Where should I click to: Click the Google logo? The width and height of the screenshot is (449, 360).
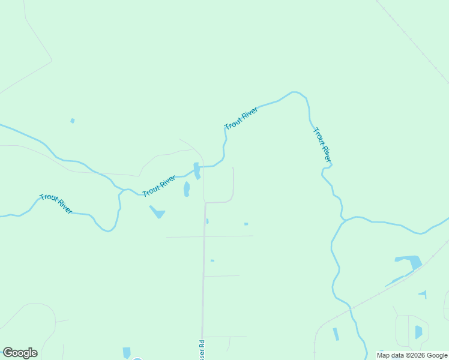20,353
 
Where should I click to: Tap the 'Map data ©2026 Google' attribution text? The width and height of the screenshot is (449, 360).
412,355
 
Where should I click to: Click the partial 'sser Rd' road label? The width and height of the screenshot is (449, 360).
202,350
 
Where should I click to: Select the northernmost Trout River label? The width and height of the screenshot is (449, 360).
241,118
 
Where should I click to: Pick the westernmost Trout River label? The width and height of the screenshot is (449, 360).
56,203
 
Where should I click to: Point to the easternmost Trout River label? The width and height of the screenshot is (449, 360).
322,145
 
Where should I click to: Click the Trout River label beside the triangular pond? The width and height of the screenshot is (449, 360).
159,186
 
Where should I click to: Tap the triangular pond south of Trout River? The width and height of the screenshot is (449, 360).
158,212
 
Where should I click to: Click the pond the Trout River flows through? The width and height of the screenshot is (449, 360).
196,170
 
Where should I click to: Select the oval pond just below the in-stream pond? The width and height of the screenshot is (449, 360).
187,190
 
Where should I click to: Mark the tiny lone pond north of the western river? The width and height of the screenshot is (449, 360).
73,121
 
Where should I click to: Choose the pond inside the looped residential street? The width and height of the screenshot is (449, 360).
418,332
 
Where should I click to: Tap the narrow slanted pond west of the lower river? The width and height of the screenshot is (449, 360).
336,334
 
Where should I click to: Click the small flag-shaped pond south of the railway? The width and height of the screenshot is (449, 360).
424,294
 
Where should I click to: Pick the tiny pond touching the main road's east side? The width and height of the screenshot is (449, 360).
207,221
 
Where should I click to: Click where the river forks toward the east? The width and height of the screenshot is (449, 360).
344,221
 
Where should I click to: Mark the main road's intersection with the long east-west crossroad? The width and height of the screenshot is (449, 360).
204,237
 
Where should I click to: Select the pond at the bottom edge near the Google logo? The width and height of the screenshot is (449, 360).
127,353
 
